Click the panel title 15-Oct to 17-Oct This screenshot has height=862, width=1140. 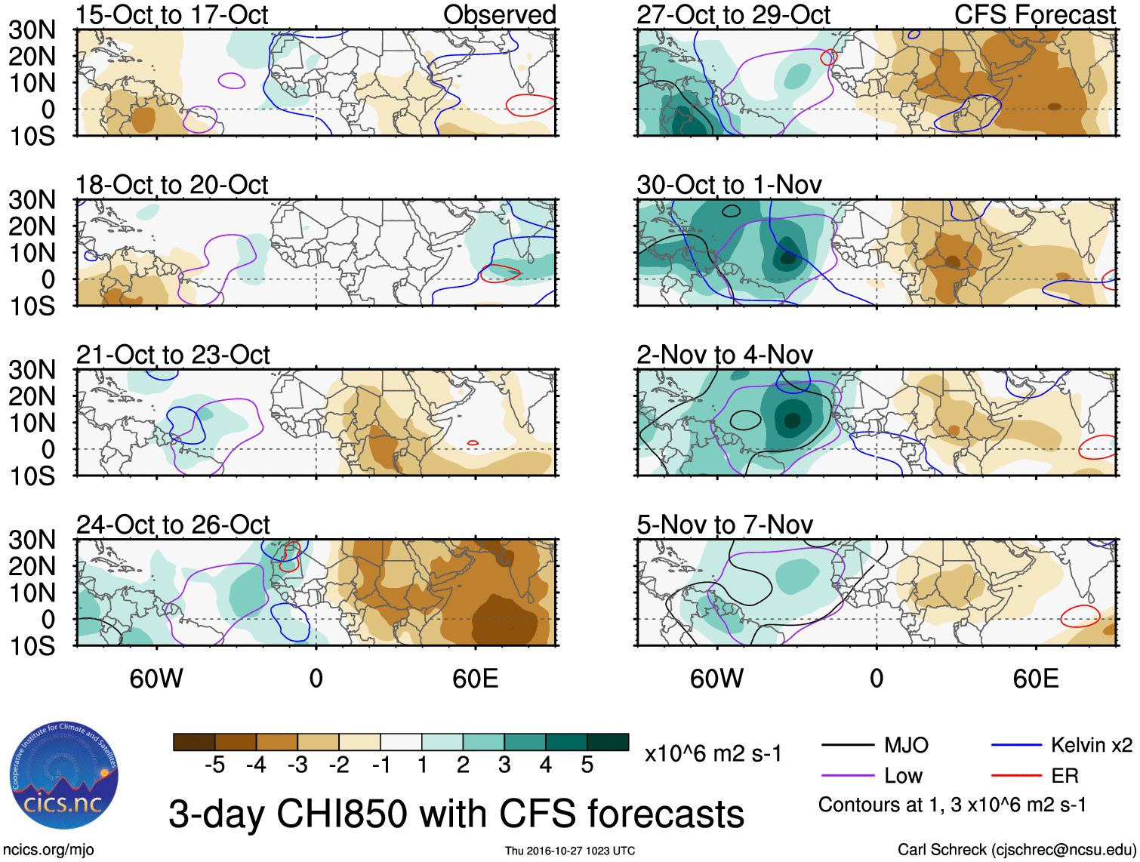[171, 14]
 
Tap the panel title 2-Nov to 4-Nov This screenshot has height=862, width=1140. [725, 354]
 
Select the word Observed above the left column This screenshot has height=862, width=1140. [499, 14]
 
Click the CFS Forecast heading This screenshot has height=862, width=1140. [1034, 14]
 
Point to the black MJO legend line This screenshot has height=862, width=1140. [847, 745]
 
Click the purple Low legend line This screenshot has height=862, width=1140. [847, 775]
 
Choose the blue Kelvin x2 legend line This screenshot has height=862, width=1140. [1016, 745]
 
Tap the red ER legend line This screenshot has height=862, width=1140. [1016, 775]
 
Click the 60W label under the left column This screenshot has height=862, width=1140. [156, 679]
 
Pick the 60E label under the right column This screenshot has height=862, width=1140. [1035, 679]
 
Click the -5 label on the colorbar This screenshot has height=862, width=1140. [214, 765]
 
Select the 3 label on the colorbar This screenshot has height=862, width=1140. [504, 765]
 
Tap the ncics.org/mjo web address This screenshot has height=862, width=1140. [48, 850]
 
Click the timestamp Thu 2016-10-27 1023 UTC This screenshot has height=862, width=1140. [570, 851]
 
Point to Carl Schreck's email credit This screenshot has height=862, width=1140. [1016, 850]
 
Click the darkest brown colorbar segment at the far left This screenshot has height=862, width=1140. [193, 742]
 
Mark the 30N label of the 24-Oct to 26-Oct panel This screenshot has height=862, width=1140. [32, 540]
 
